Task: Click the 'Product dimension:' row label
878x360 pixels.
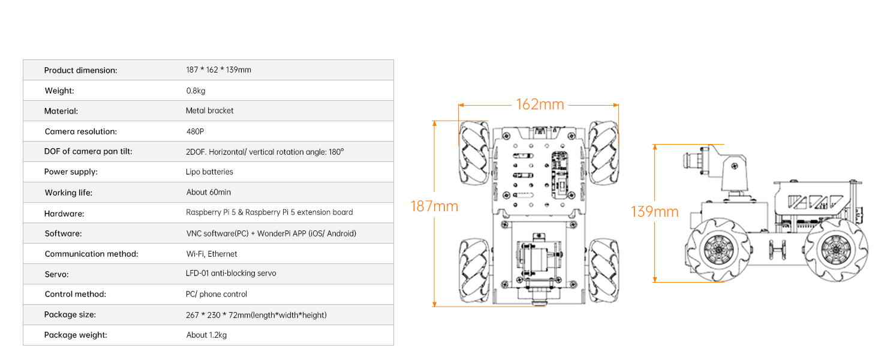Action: [80, 70]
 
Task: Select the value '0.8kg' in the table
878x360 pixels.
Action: [196, 91]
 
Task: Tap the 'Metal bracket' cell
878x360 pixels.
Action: [209, 110]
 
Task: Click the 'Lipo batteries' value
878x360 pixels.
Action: [209, 172]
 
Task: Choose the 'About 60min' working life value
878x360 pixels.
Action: [208, 192]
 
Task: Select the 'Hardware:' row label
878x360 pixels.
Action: [64, 214]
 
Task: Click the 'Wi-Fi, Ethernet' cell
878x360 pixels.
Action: [211, 254]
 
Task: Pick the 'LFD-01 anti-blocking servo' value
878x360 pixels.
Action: [231, 273]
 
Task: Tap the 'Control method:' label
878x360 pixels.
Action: [75, 294]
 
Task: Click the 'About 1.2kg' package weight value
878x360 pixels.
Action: [206, 335]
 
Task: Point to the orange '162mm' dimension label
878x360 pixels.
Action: [540, 104]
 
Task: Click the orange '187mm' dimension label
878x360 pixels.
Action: [434, 206]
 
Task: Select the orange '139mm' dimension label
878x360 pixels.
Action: [654, 212]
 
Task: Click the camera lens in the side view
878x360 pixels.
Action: [691, 161]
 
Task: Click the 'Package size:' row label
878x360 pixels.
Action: [70, 314]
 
